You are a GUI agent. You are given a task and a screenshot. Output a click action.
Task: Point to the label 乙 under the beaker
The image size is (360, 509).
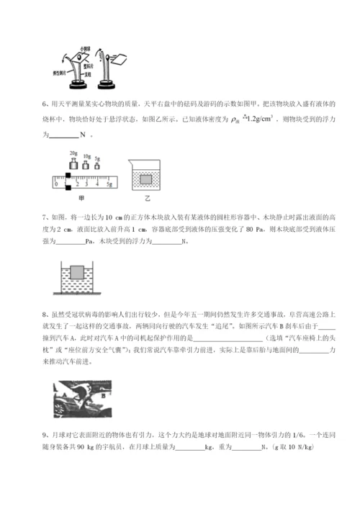tap(148, 196)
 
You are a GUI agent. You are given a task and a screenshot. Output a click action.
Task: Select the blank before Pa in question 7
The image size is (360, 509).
tap(70, 240)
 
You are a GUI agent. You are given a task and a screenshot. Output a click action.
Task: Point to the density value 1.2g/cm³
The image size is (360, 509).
tap(258, 122)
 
